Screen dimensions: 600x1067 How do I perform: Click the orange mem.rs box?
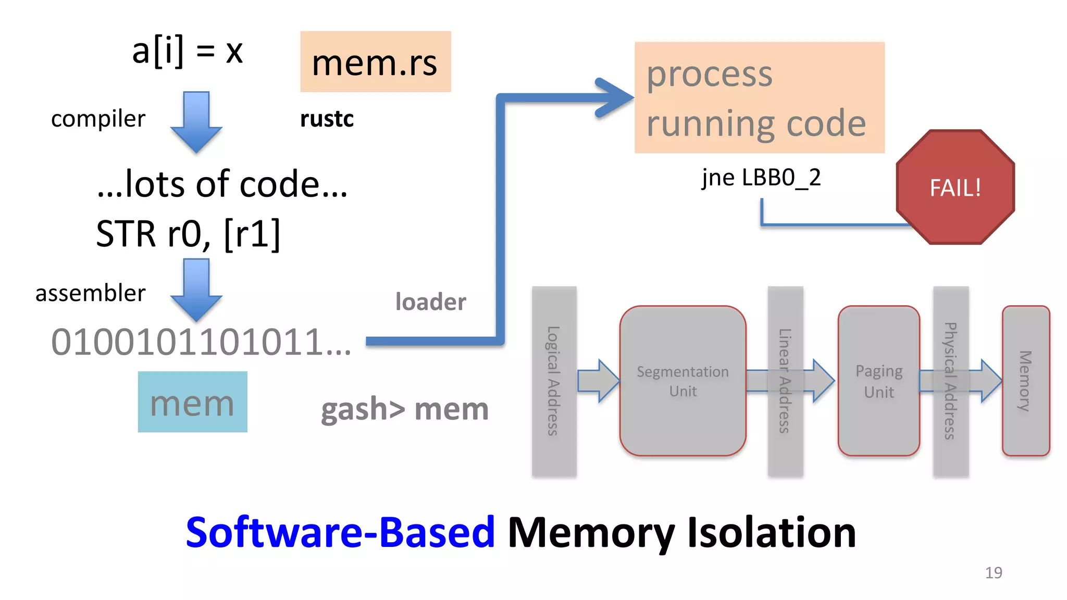pos(375,61)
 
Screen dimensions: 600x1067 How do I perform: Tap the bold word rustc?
pos(327,119)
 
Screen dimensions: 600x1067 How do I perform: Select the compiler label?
pos(98,119)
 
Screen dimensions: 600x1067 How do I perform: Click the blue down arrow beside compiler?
pos(196,122)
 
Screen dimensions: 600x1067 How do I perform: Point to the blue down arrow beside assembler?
pos(196,290)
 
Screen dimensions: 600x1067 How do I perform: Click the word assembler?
pos(90,293)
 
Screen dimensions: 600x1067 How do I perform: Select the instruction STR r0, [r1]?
pos(188,234)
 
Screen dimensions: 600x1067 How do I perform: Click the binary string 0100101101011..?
pos(201,342)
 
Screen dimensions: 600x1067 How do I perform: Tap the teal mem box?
pos(192,402)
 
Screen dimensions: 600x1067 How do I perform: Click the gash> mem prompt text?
pos(404,409)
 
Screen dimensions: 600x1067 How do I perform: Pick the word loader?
pos(430,302)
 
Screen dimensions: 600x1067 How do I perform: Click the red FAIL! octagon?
pos(955,187)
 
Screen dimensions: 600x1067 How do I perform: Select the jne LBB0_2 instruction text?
pos(761,178)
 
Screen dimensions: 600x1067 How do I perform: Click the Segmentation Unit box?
pos(683,381)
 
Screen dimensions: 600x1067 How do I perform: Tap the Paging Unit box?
pos(878,381)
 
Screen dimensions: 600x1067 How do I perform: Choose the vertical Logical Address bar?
pos(554,381)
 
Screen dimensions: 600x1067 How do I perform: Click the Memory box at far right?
pos(1025,381)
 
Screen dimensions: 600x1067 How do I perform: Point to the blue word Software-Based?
pos(340,532)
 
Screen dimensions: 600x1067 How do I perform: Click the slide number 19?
pos(993,572)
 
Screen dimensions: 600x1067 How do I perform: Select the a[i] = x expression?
pos(188,52)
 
